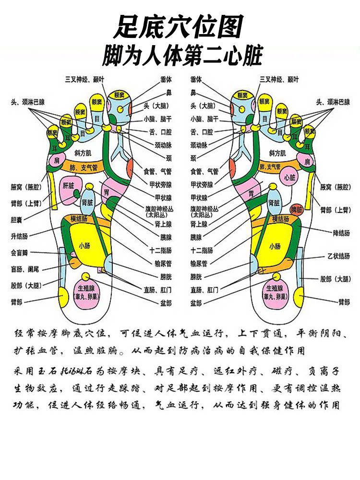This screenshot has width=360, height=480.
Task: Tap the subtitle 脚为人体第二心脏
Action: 182,56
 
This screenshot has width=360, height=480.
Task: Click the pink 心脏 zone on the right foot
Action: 290,178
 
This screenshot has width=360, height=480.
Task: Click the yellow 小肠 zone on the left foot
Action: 85,246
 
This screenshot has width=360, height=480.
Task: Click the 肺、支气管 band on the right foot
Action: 270,167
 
